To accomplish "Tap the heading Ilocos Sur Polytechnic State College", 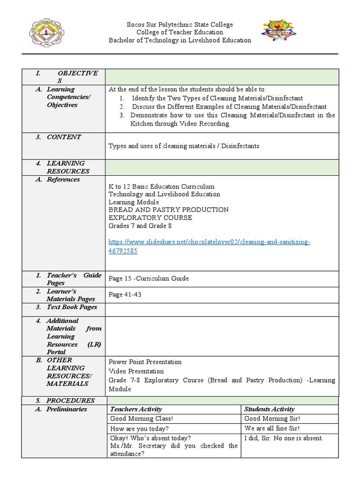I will click(180, 24).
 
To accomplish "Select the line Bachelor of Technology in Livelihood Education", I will click(180, 40).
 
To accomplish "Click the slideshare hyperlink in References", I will click(209, 246).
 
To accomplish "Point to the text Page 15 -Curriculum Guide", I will click(149, 278).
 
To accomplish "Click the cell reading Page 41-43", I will click(125, 295).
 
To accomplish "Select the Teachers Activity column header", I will click(136, 409).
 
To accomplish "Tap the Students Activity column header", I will click(269, 409).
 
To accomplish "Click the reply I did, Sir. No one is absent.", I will click(283, 438).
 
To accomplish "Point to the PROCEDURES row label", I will click(70, 401).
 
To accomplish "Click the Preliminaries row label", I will click(67, 409).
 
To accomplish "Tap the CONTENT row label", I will click(64, 137).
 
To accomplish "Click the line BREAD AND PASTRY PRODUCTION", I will click(168, 210).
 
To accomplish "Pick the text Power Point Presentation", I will click(145, 362).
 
